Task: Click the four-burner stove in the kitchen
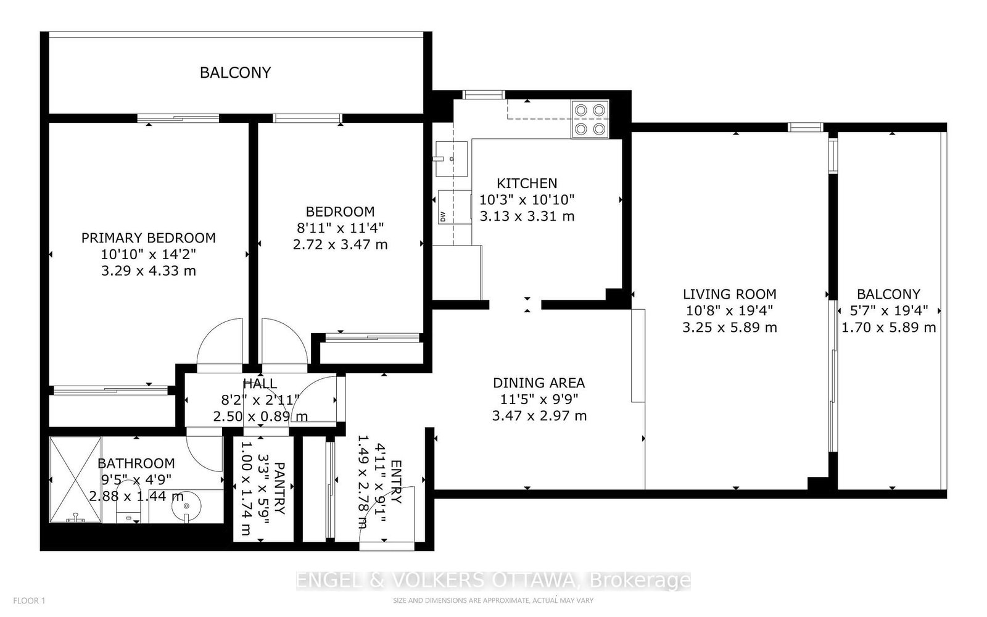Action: tap(589, 120)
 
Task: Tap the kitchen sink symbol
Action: tap(451, 159)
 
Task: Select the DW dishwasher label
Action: tap(443, 216)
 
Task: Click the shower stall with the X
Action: tap(75, 479)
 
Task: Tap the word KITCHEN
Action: tap(527, 183)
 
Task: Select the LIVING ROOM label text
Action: tap(729, 294)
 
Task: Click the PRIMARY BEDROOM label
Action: tap(148, 238)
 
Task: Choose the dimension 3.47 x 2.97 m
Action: tap(539, 416)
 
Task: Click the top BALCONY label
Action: tap(235, 73)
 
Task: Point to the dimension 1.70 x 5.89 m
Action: tap(888, 328)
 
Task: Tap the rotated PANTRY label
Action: tap(279, 488)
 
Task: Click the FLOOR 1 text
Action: tap(30, 600)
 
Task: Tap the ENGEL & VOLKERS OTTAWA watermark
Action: tap(493, 581)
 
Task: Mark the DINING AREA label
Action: tap(539, 383)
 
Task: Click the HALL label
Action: tap(260, 384)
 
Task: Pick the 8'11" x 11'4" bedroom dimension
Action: tap(341, 228)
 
